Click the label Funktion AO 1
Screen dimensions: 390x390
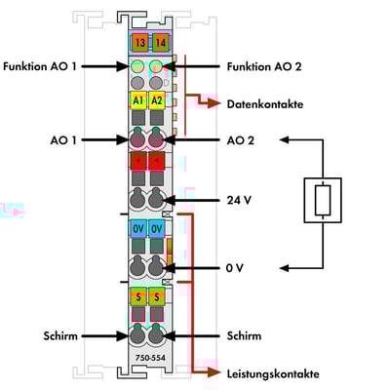(x=40, y=66)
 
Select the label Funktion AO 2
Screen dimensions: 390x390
(x=264, y=66)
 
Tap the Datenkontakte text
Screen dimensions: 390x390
(x=265, y=104)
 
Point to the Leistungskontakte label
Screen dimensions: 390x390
(x=273, y=373)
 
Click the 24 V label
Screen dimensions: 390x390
(x=239, y=200)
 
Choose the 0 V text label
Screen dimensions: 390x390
(x=234, y=268)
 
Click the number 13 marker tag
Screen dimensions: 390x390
(x=140, y=43)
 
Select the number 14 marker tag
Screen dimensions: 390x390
(x=161, y=43)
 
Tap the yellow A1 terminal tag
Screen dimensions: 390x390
(x=138, y=100)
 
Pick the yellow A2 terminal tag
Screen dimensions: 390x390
(x=157, y=100)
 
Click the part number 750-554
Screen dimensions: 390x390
(x=150, y=358)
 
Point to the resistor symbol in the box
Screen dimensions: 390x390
(x=323, y=200)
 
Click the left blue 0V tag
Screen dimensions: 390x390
(x=138, y=229)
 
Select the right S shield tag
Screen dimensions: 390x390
(x=157, y=296)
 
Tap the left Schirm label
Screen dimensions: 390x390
(x=60, y=336)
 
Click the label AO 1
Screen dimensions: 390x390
(x=63, y=140)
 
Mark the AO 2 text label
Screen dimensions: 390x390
(x=241, y=140)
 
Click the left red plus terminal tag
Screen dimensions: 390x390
(x=138, y=161)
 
